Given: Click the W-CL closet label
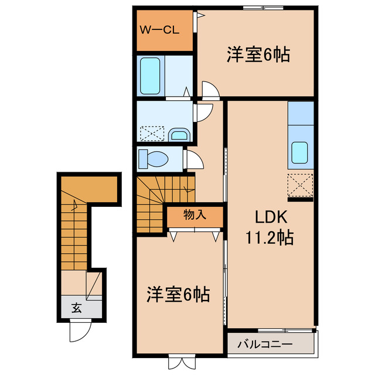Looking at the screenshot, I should [x=159, y=30].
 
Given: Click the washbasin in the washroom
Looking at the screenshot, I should [x=179, y=135].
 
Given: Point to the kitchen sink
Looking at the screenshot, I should [x=301, y=153].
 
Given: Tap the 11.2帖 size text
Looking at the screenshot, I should [x=270, y=238].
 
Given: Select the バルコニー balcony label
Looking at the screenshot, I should [x=265, y=345].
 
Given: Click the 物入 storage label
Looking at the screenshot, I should [x=195, y=215].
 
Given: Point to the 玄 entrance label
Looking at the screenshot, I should [x=77, y=306].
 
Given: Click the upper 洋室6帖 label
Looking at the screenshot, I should [x=258, y=56].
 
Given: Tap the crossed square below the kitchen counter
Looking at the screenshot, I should [x=301, y=186].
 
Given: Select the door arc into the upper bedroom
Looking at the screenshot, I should [x=210, y=90].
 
